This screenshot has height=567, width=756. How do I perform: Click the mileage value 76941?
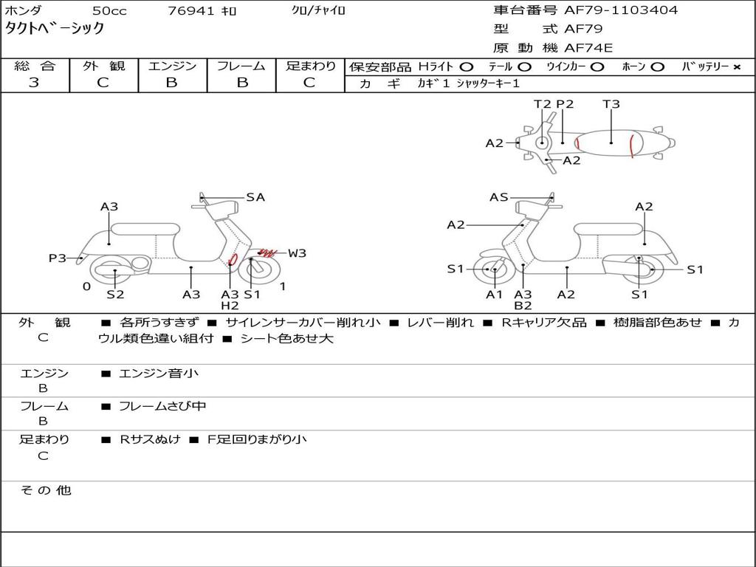(x=191, y=11)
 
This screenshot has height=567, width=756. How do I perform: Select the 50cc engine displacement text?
(x=109, y=11)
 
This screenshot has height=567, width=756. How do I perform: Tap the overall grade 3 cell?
(x=34, y=83)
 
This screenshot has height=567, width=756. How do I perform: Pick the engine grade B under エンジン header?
(x=172, y=83)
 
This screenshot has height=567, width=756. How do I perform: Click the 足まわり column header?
(x=310, y=66)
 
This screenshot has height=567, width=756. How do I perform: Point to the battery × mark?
(x=736, y=67)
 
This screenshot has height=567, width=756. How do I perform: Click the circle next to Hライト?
(x=467, y=67)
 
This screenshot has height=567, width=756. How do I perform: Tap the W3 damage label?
(x=297, y=253)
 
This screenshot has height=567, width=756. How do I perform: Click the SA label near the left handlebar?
(x=255, y=197)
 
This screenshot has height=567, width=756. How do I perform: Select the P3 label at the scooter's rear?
(x=58, y=258)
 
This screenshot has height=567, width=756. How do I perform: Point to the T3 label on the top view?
(x=611, y=104)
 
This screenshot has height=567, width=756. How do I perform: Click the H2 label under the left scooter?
(x=230, y=306)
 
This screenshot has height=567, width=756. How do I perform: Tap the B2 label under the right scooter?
(x=523, y=306)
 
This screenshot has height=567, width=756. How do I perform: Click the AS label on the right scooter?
(x=499, y=197)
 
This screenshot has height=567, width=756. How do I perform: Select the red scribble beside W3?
(x=264, y=253)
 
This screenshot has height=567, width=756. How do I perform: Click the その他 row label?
(x=45, y=490)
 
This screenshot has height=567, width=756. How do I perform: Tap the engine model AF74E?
(x=588, y=49)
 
